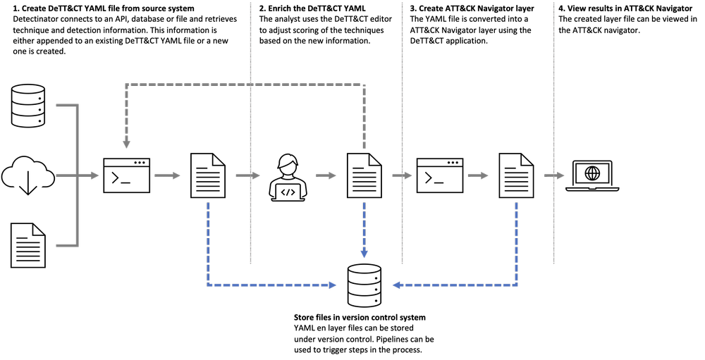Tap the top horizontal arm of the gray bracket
(x=66, y=106)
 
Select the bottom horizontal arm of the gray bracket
(x=66, y=245)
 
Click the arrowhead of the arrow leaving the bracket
(x=94, y=175)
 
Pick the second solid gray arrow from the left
(x=168, y=175)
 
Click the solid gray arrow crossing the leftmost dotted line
(x=247, y=175)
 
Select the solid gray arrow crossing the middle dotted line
(x=402, y=175)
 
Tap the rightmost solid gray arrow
(x=554, y=175)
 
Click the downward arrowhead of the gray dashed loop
(x=126, y=144)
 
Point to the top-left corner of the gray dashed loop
(x=127, y=85)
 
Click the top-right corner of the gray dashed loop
(x=364, y=85)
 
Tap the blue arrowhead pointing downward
(x=364, y=254)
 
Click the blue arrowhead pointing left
(x=396, y=285)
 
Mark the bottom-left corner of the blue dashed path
(x=208, y=285)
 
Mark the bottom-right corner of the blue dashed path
(x=516, y=285)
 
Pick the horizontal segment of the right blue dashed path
(x=458, y=285)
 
